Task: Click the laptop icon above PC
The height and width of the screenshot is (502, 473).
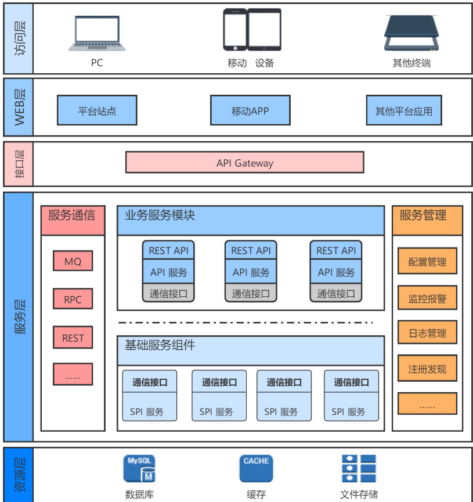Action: click(97, 34)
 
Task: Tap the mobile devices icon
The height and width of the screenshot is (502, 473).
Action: click(252, 30)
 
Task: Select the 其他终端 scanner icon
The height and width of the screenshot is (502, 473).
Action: click(411, 33)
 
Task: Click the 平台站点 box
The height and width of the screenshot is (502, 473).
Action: click(97, 110)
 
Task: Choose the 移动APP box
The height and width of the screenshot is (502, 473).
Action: click(250, 110)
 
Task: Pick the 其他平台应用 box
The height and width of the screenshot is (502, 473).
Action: click(404, 110)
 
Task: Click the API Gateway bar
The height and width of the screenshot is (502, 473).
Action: click(244, 163)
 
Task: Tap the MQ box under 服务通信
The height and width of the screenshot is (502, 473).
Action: click(73, 261)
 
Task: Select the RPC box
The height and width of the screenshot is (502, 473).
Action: click(73, 300)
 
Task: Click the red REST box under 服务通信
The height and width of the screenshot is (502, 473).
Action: click(73, 338)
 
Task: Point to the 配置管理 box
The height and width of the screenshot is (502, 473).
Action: click(427, 261)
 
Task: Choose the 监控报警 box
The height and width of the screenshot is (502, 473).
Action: click(427, 299)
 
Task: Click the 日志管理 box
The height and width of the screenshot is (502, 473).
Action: click(427, 333)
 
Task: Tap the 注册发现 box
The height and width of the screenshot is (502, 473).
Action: click(427, 368)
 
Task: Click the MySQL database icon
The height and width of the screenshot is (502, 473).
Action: click(139, 469)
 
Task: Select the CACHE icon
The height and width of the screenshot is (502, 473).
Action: click(256, 469)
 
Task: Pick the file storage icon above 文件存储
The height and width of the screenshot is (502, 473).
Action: click(359, 469)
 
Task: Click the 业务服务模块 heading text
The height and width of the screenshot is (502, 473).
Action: click(160, 215)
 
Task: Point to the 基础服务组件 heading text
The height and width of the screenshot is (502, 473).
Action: click(160, 345)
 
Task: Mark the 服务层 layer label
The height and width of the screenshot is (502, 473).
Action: click(19, 317)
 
